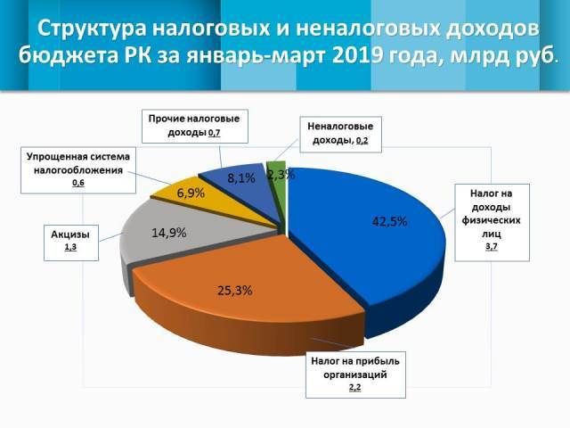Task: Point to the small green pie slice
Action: (x=277, y=183)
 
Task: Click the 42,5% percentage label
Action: (x=388, y=221)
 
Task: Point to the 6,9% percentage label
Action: (x=191, y=193)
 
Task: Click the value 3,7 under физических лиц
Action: (x=491, y=246)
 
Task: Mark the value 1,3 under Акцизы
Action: (x=69, y=251)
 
